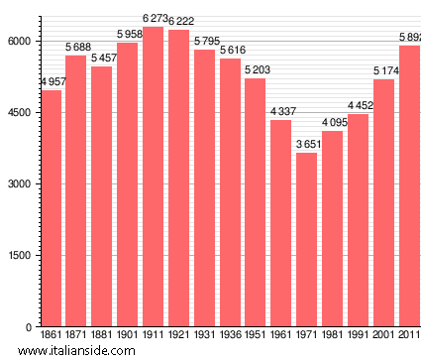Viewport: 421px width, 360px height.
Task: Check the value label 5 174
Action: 385,71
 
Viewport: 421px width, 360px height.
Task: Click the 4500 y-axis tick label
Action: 21,112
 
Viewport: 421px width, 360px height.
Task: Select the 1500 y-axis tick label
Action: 21,256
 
